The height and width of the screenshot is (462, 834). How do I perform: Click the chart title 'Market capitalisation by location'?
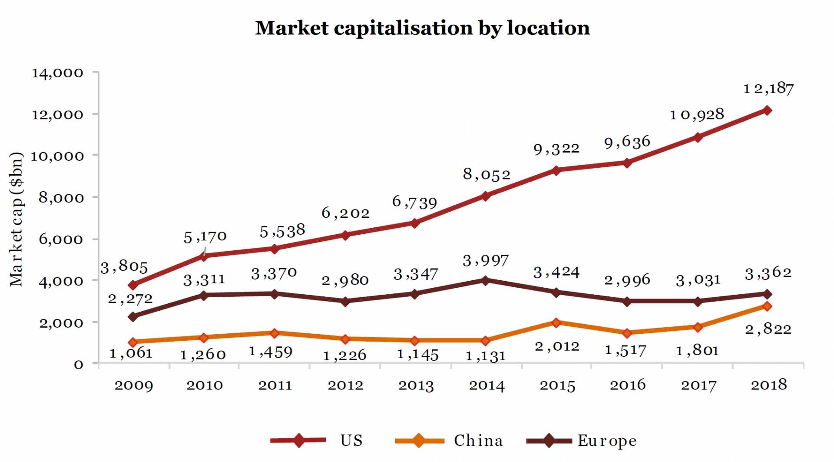pyautogui.click(x=422, y=28)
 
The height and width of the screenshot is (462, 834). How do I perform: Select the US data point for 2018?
pyautogui.click(x=767, y=110)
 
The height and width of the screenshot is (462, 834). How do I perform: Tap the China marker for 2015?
pyautogui.click(x=556, y=322)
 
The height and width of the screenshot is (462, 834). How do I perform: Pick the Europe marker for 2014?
pyautogui.click(x=486, y=280)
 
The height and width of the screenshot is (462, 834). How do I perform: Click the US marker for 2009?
pyautogui.click(x=133, y=285)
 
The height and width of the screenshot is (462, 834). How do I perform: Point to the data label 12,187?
pyautogui.click(x=768, y=89)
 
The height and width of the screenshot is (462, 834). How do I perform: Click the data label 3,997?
pyautogui.click(x=486, y=261)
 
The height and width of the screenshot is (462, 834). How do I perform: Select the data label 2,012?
pyautogui.click(x=557, y=346)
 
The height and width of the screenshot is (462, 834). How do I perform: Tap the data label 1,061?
pyautogui.click(x=131, y=353)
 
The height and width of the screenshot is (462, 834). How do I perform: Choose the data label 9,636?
pyautogui.click(x=627, y=142)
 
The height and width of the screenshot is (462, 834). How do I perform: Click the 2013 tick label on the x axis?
pyautogui.click(x=416, y=386)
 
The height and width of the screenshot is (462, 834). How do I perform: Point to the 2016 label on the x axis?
pyautogui.click(x=627, y=385)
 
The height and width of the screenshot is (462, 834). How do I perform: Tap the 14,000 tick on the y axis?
pyautogui.click(x=57, y=73)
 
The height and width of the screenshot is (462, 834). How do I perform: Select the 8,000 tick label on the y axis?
pyautogui.click(x=61, y=198)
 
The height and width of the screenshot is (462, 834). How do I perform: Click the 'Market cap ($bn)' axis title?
pyautogui.click(x=16, y=219)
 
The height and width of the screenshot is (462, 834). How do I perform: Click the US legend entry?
pyautogui.click(x=351, y=441)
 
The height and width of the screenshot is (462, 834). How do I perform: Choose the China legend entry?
pyautogui.click(x=478, y=441)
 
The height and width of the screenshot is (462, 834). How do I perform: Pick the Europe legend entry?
pyautogui.click(x=606, y=441)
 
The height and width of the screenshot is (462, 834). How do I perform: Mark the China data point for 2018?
pyautogui.click(x=767, y=306)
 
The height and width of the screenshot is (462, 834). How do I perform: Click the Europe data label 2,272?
pyautogui.click(x=130, y=299)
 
